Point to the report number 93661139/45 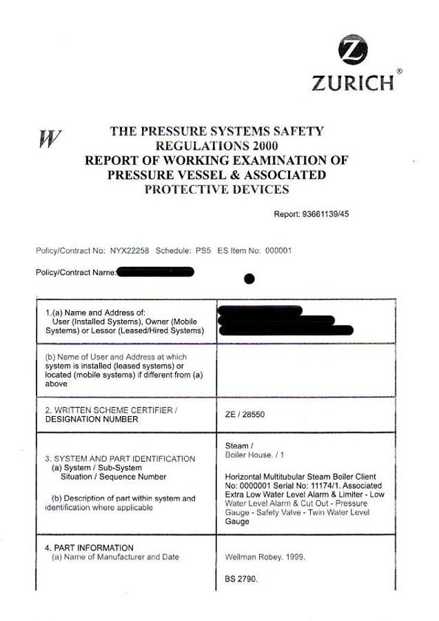coord(325,214)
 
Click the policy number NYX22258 coord(130,250)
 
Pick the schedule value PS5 coord(203,250)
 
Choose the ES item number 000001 coord(278,250)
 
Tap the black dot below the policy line coord(249,279)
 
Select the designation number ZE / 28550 coord(246,414)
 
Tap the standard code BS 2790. coord(241,579)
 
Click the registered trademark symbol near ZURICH coord(400,71)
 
